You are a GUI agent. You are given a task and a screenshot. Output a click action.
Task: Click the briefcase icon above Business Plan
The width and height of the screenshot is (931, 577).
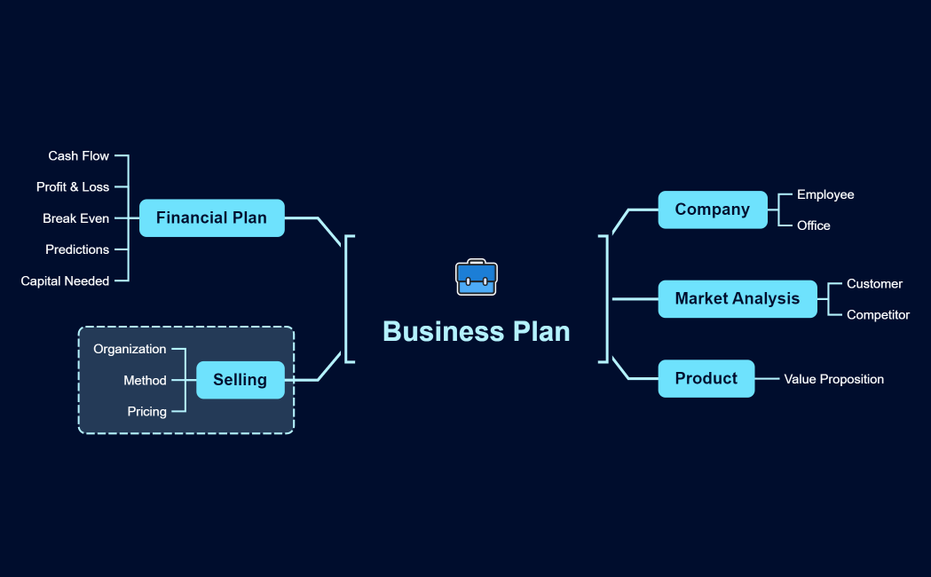click(x=477, y=278)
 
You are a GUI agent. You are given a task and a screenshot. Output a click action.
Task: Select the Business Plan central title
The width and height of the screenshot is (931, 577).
click(x=477, y=331)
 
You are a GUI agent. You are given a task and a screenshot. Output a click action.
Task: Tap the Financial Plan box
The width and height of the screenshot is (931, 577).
click(x=211, y=217)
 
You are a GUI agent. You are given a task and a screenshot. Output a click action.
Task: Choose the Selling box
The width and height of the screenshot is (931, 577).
click(x=240, y=380)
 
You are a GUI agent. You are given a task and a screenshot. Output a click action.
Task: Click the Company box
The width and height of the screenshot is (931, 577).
click(x=712, y=209)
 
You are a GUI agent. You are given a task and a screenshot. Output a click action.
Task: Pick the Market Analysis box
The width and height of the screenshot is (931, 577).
click(x=737, y=298)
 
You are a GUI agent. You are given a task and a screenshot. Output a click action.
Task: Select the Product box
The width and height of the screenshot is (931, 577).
click(x=706, y=378)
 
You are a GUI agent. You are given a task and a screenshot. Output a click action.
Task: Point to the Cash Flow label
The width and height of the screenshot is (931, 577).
click(x=79, y=156)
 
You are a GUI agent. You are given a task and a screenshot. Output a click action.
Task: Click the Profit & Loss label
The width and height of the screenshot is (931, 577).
click(x=73, y=187)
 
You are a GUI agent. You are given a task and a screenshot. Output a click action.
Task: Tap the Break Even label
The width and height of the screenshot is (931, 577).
click(x=76, y=218)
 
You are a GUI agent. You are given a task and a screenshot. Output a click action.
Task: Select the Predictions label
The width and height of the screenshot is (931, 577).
click(x=77, y=249)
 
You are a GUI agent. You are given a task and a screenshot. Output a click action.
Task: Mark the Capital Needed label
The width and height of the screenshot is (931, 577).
click(x=65, y=281)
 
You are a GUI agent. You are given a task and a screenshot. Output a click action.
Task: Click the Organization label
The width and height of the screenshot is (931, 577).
click(x=130, y=349)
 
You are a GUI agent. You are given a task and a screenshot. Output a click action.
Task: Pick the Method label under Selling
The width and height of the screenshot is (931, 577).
click(x=145, y=381)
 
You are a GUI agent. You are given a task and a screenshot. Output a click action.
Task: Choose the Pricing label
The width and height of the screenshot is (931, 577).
click(x=146, y=412)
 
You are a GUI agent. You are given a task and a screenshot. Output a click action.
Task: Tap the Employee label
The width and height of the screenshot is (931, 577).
click(x=825, y=194)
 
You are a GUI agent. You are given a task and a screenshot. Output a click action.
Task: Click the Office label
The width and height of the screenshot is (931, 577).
click(x=814, y=225)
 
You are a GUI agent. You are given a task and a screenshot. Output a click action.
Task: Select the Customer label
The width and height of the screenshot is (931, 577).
click(x=874, y=284)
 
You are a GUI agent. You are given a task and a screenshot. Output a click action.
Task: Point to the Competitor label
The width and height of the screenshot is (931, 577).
click(x=878, y=315)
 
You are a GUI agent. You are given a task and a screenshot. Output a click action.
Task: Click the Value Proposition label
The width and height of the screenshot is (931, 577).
click(x=833, y=379)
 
